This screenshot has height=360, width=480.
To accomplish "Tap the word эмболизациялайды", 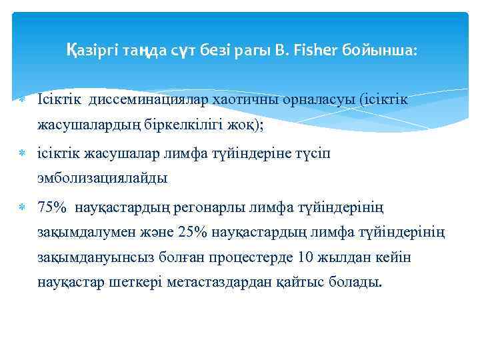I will pyautogui.click(x=103, y=179).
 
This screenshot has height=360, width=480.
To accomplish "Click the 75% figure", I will pyautogui.click(x=52, y=208).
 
